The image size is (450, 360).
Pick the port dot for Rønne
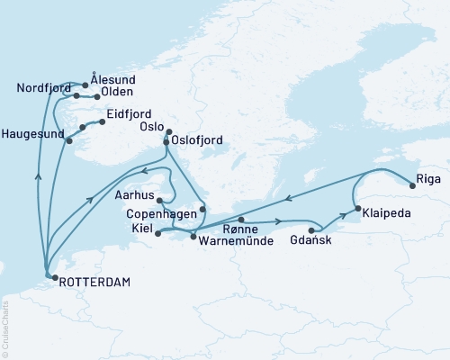point(241,219)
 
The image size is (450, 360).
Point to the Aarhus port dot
point(157,200)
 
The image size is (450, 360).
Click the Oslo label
point(151,128)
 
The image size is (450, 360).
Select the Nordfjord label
point(41,87)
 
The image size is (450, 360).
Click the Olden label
point(118,92)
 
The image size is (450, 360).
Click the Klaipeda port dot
point(358,209)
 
